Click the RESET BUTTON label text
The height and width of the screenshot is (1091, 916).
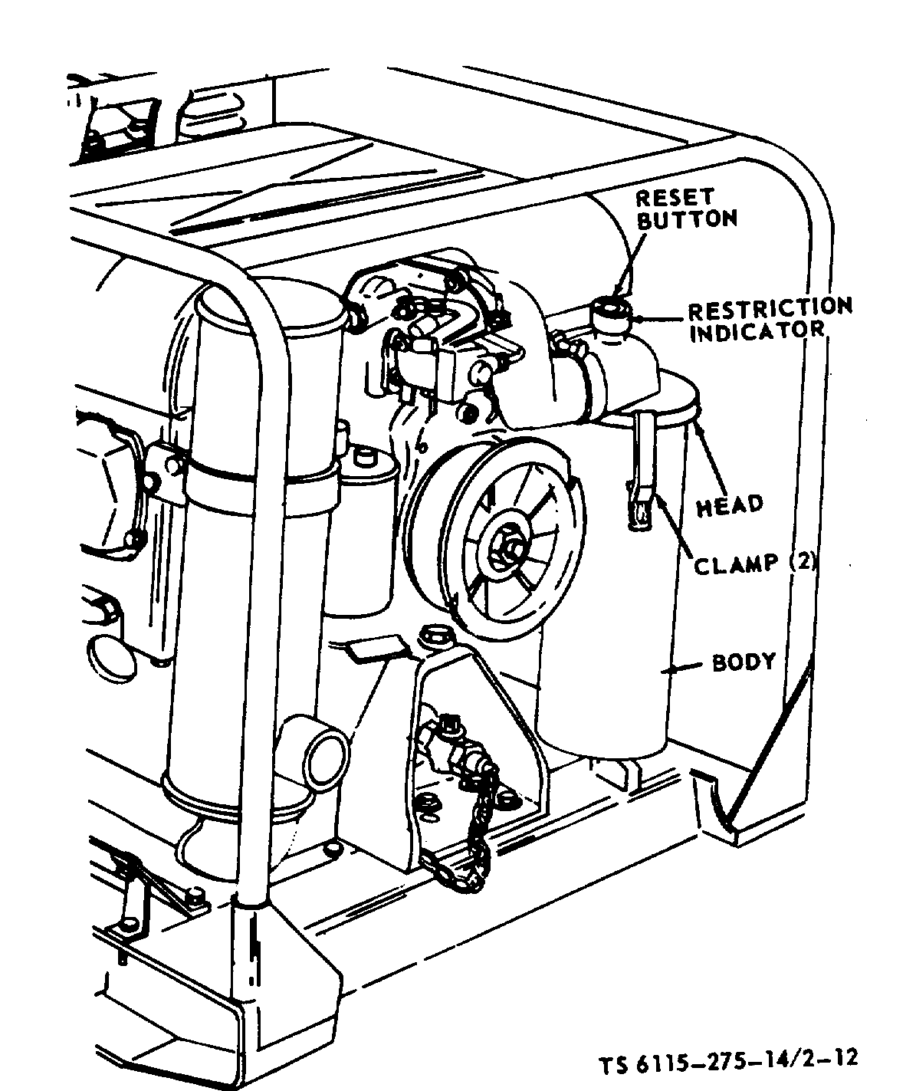click(x=687, y=209)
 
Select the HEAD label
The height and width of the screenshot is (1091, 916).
click(x=730, y=504)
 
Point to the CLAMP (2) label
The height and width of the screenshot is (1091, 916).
click(x=755, y=564)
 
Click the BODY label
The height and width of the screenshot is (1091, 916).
click(x=744, y=661)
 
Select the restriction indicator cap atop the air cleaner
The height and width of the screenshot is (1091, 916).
click(x=610, y=314)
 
